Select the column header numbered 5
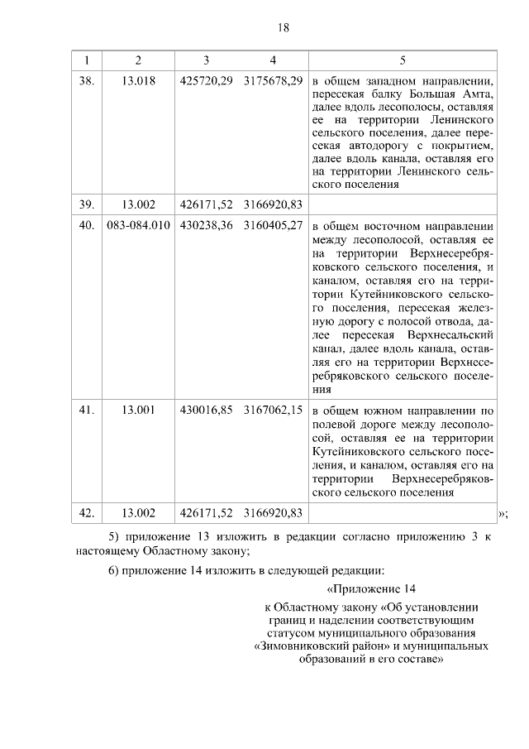click(x=403, y=60)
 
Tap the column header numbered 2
click(x=138, y=60)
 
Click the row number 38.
click(x=87, y=81)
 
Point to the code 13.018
click(x=138, y=81)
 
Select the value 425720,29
click(x=206, y=81)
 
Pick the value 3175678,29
click(x=273, y=81)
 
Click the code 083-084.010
click(x=138, y=224)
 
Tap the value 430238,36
click(x=206, y=224)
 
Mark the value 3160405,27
click(x=273, y=224)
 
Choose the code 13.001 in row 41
click(x=138, y=409)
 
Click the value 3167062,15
click(x=273, y=409)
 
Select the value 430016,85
click(x=206, y=409)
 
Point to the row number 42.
click(x=87, y=513)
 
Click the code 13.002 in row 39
click(x=138, y=204)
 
